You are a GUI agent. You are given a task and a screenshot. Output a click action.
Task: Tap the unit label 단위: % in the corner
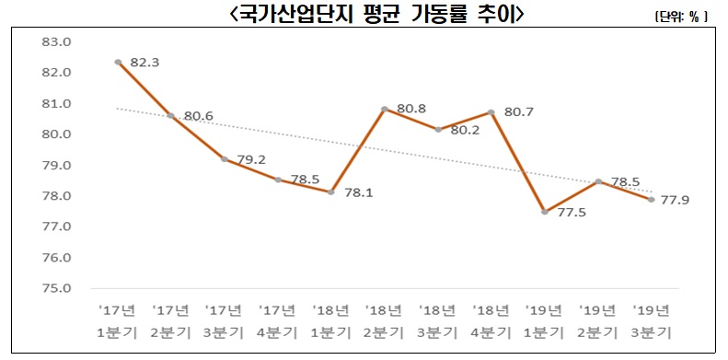[680, 17]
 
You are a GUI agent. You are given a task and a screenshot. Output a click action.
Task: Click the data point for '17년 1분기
[118, 63]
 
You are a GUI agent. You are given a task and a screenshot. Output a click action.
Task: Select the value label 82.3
[145, 63]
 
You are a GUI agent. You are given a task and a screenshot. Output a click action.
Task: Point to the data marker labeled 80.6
[171, 116]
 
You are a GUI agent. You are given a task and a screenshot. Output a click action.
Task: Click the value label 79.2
[251, 158]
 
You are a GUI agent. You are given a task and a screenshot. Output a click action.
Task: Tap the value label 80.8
[410, 108]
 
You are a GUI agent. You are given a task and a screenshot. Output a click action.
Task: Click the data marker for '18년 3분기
[438, 130]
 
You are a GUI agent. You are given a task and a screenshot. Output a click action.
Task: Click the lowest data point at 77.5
[545, 212]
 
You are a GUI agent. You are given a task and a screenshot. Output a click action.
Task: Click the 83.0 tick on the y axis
[57, 41]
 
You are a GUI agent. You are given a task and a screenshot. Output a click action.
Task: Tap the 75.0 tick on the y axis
[57, 288]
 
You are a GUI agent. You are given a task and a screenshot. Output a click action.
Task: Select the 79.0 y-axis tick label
[57, 165]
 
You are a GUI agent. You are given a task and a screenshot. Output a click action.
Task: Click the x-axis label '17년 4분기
[277, 319]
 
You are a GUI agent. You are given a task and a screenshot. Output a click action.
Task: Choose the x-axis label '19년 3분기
[652, 319]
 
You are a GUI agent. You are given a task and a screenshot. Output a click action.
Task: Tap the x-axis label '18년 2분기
[384, 319]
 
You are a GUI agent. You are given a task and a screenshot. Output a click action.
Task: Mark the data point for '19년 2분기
[598, 181]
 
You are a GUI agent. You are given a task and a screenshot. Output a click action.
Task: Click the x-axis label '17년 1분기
[117, 319]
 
